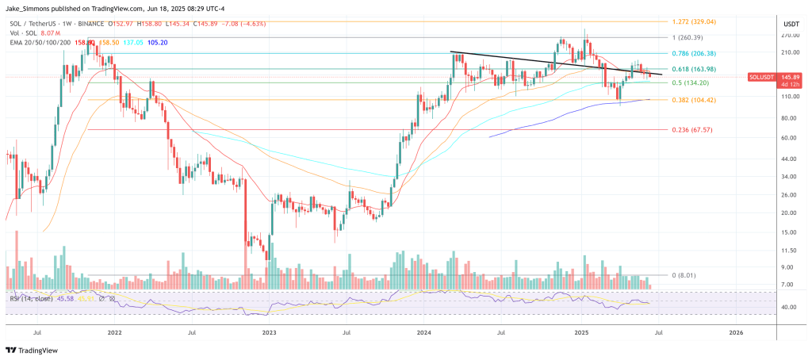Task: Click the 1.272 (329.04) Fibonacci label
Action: (x=693, y=22)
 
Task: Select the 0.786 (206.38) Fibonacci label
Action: (x=694, y=53)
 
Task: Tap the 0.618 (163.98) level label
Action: (x=694, y=69)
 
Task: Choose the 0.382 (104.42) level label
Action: (x=694, y=100)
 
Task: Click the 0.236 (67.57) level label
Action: (x=691, y=129)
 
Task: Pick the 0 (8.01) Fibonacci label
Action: (x=684, y=275)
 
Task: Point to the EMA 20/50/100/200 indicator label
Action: (x=38, y=41)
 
